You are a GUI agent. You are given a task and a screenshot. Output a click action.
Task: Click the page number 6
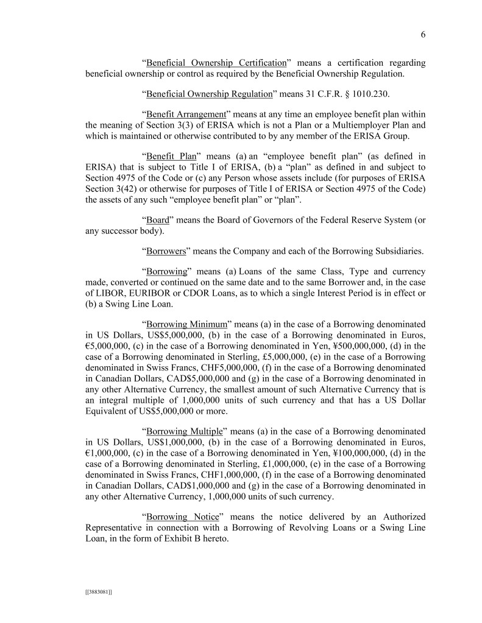423,35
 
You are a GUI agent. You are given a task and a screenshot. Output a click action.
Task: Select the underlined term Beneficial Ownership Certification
216,63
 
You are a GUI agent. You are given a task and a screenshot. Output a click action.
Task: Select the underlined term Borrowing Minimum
187,325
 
